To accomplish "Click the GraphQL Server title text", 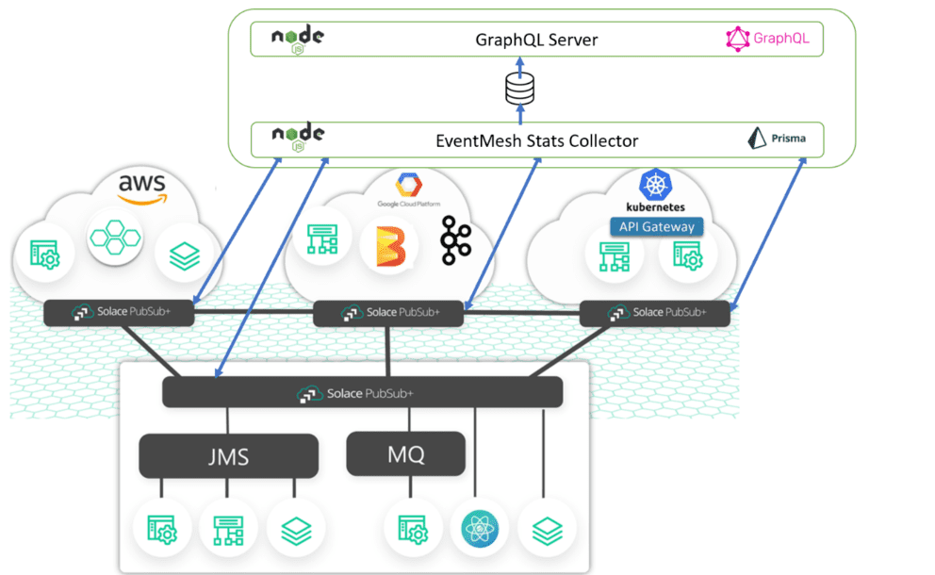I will [536, 41].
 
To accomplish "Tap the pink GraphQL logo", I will [767, 39].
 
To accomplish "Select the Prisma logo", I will [776, 139].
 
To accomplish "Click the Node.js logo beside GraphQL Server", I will [298, 38].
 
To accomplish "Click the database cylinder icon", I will [519, 90].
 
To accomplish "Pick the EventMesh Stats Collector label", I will [536, 140].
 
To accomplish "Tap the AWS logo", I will [142, 187].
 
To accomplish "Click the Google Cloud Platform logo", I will [408, 191].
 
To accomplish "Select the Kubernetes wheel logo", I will [653, 185].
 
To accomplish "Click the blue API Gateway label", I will [657, 226].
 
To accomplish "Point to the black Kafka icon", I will [455, 241].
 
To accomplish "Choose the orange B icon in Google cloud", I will [389, 246].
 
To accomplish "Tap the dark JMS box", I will [228, 456].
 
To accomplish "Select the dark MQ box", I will [406, 454].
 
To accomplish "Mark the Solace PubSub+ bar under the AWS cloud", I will [120, 312].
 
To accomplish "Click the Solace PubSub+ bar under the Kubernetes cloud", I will [654, 312].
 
